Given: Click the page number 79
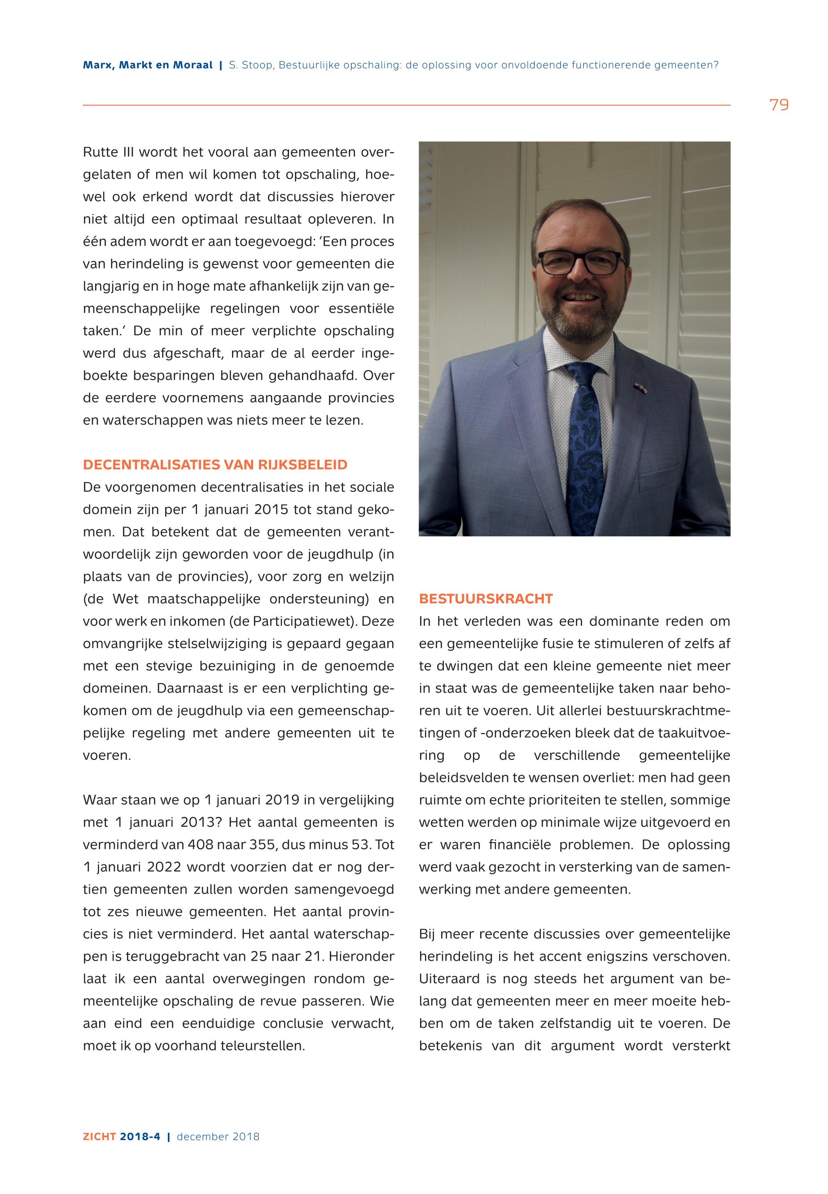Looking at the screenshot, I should (779, 105).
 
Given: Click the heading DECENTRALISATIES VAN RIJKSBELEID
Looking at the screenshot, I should (215, 465).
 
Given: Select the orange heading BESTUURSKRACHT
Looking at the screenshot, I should (486, 599).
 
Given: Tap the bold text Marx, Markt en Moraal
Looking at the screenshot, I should (148, 66).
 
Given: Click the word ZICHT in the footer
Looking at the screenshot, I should (100, 1137).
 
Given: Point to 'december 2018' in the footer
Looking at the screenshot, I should (218, 1137).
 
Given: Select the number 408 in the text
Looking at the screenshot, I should (198, 845).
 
